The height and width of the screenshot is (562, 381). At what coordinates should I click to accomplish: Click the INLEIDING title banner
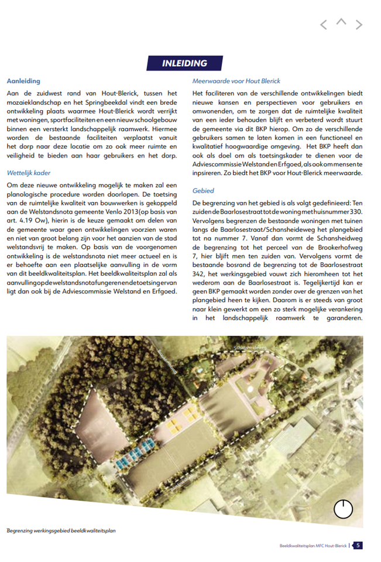pos(184,63)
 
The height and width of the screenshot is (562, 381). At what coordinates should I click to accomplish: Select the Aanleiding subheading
pos(23,81)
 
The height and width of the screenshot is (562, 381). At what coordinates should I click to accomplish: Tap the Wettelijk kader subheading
pos(29,173)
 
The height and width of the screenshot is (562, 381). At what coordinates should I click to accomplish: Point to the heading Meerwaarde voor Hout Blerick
pos(236,81)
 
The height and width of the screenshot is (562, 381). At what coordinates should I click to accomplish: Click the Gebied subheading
pos(203,190)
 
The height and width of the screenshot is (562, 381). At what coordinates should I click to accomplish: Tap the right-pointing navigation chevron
pos(359,25)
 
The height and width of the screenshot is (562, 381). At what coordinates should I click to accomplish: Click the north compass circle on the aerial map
pos(343,509)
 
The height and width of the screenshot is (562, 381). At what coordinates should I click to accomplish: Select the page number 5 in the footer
pos(358,546)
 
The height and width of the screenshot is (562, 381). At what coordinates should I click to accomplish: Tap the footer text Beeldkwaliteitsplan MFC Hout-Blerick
pos(313,546)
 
